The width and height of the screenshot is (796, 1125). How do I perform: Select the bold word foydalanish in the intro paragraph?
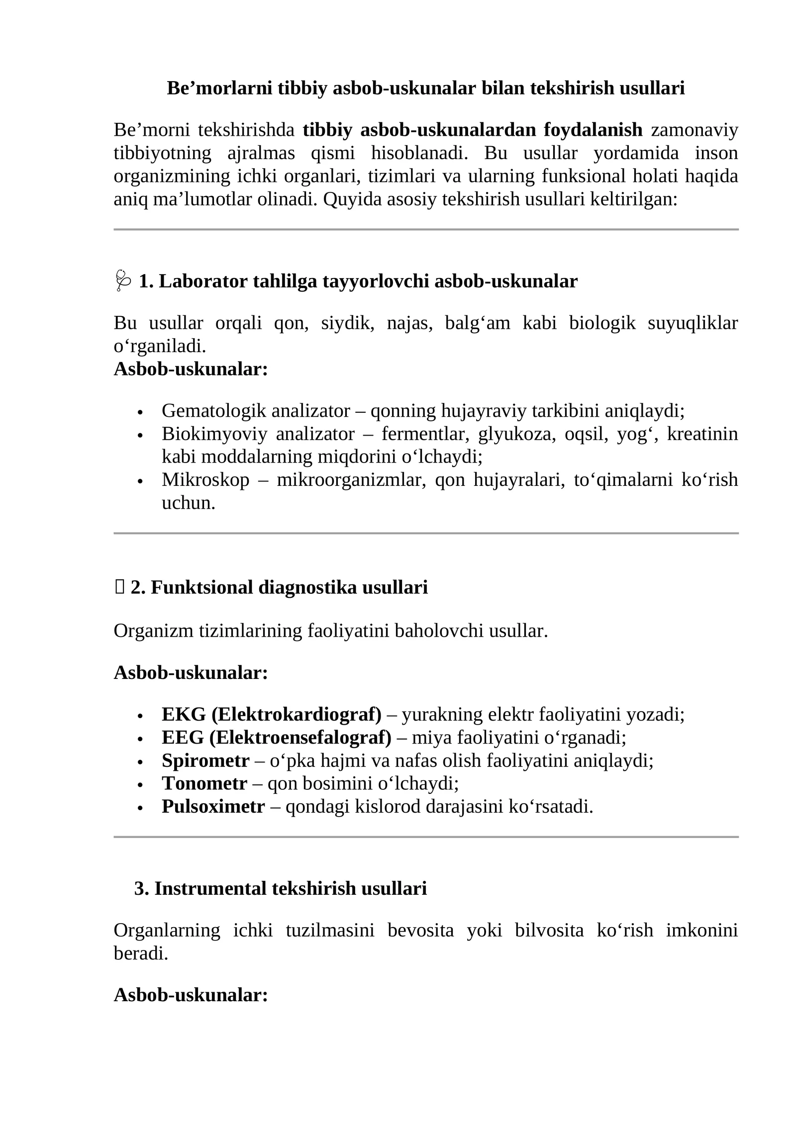[593, 130]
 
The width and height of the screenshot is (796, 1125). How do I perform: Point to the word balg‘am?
[477, 323]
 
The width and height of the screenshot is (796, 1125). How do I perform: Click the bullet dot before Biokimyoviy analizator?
[140, 436]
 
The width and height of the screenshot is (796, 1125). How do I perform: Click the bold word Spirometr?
[205, 760]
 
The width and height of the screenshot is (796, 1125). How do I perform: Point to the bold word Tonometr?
[204, 783]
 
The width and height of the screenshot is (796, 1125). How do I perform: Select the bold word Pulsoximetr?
[213, 806]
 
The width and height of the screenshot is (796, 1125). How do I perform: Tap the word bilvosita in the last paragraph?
[549, 931]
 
